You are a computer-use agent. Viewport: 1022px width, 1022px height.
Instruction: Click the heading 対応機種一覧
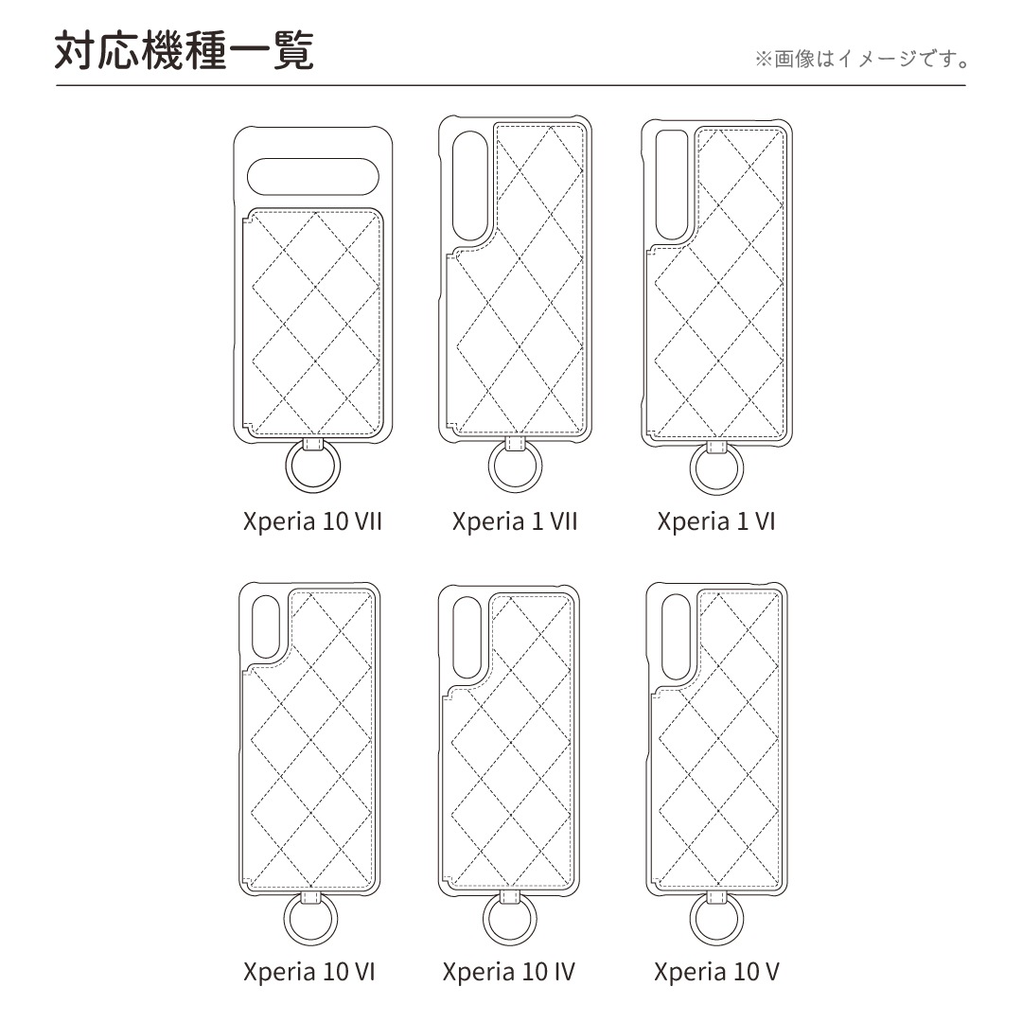[x=185, y=50]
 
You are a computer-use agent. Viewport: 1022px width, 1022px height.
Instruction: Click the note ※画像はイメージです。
[x=862, y=59]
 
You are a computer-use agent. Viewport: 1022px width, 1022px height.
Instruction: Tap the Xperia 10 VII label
[x=312, y=521]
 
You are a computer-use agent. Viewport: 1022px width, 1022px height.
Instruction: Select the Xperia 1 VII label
[x=515, y=521]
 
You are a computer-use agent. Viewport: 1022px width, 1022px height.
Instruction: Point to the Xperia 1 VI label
[x=716, y=521]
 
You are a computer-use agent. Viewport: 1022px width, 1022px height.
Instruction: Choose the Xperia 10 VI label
[x=308, y=972]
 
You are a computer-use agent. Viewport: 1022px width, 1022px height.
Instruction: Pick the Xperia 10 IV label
[x=509, y=972]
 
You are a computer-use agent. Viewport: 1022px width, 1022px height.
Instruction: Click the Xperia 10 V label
[x=716, y=972]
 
